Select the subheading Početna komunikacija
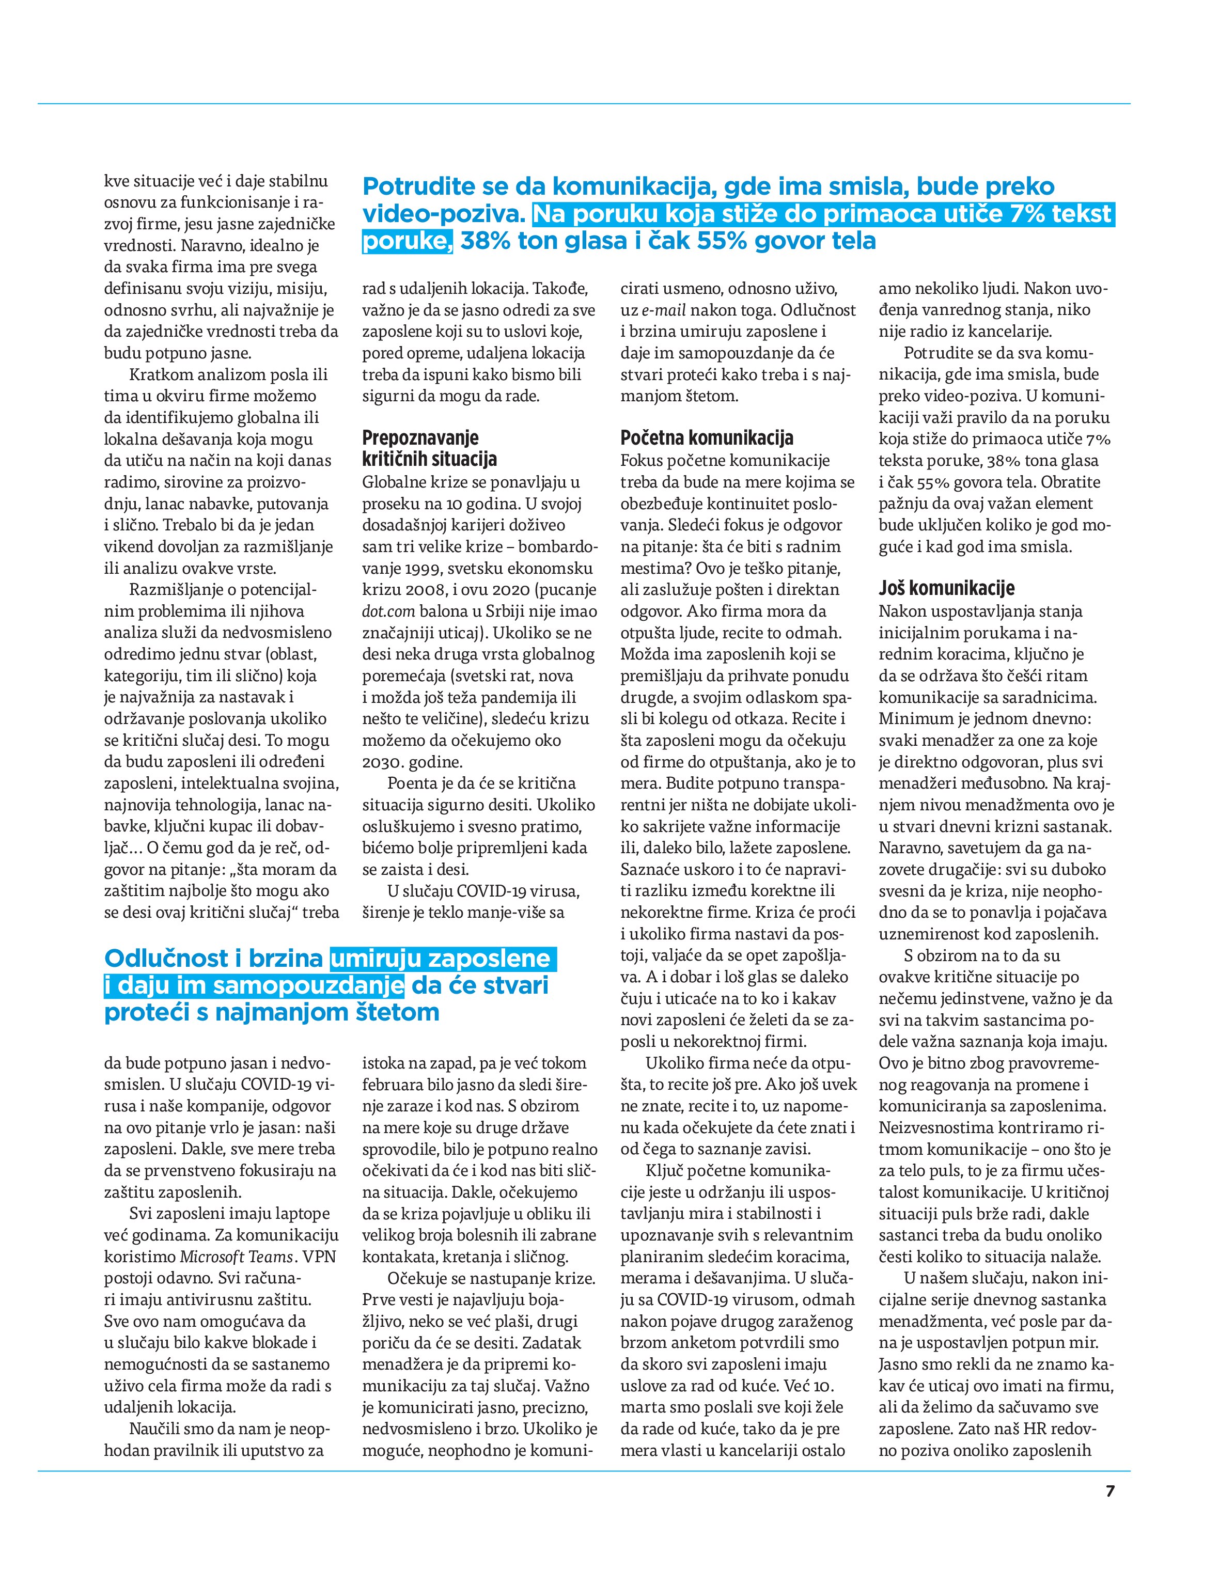(x=707, y=437)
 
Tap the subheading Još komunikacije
(x=946, y=588)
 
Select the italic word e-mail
(x=663, y=310)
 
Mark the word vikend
(x=127, y=546)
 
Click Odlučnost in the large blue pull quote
(x=166, y=959)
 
